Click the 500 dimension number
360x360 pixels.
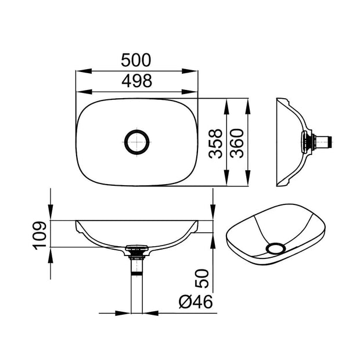(136, 60)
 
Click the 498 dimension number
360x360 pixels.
(136, 81)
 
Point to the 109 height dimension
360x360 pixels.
(39, 235)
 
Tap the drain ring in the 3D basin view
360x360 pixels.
(273, 248)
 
